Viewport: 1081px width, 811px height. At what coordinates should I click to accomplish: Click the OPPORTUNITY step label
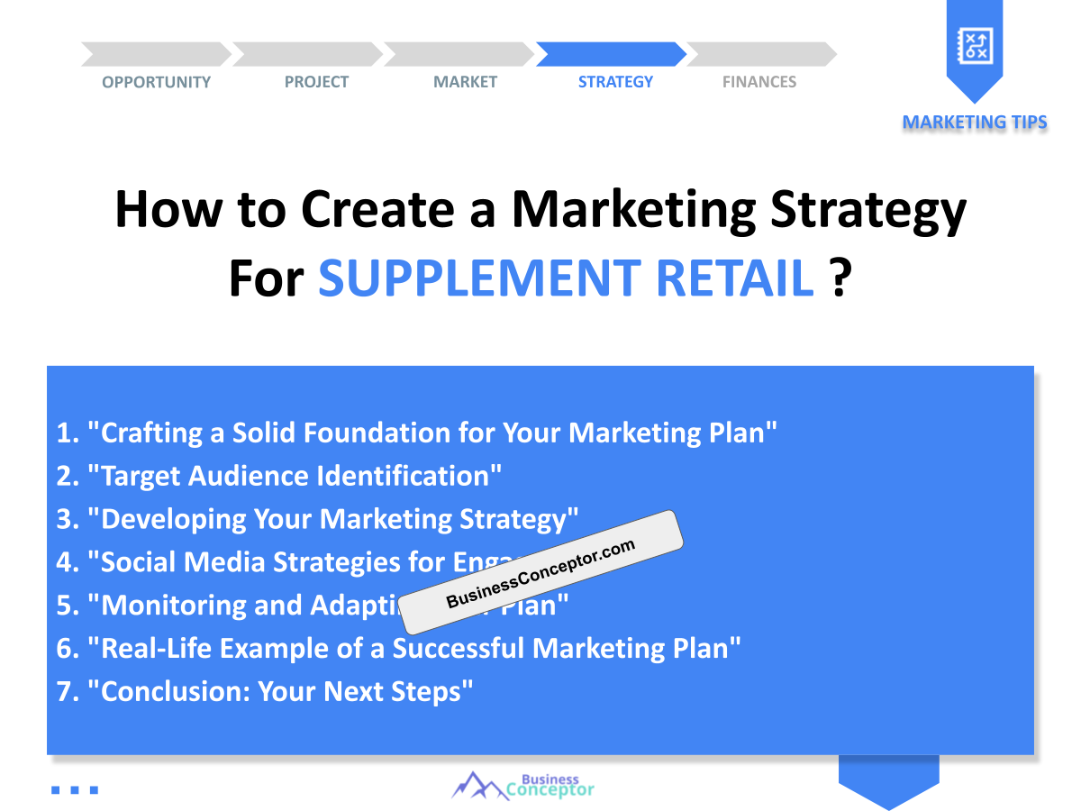pos(156,82)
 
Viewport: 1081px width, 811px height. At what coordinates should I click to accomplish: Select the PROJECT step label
pos(316,82)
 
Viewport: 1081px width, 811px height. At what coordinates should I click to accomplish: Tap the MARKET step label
pos(465,82)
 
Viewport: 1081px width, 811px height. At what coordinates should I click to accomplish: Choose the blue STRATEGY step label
pos(615,82)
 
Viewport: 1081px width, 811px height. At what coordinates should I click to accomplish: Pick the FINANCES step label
pos(759,82)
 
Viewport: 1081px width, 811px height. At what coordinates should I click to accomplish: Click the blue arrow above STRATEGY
pos(611,54)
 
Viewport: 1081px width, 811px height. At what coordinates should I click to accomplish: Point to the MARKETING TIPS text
pos(975,122)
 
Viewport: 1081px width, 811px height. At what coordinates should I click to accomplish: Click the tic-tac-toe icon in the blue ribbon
pos(974,45)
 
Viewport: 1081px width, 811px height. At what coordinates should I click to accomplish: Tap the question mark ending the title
pos(840,278)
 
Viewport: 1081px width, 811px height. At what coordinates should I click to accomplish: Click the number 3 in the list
pos(64,519)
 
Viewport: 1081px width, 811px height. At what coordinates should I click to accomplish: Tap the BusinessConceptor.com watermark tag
pos(540,573)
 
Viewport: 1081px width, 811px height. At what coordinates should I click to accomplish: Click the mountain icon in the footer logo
pos(477,786)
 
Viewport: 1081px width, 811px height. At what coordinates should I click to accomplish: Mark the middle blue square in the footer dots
pos(74,790)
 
